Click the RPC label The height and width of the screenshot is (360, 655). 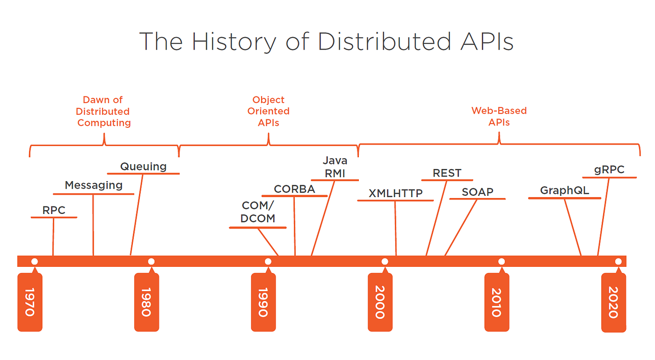(54, 210)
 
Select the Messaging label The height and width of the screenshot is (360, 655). (94, 185)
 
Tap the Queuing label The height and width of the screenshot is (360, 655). (143, 166)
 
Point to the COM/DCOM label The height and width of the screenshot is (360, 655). (258, 212)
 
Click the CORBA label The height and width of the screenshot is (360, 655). (294, 189)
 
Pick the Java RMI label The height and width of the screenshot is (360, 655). (335, 167)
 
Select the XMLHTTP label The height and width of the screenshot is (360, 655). (395, 193)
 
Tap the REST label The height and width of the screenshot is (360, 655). (447, 173)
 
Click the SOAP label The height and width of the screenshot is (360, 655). (477, 192)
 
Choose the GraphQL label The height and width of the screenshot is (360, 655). (564, 191)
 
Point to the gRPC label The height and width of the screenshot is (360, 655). (609, 170)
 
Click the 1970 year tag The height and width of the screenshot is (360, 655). (29, 302)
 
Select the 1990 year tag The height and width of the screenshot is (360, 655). (263, 302)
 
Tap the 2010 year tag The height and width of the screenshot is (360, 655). (496, 302)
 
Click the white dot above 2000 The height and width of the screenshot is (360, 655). (385, 261)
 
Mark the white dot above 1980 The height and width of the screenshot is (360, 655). (151, 261)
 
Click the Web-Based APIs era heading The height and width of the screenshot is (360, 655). (499, 117)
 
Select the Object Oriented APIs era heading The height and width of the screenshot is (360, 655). (269, 111)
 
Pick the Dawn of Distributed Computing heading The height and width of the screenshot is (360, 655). (103, 111)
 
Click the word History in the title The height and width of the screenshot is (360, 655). (234, 42)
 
